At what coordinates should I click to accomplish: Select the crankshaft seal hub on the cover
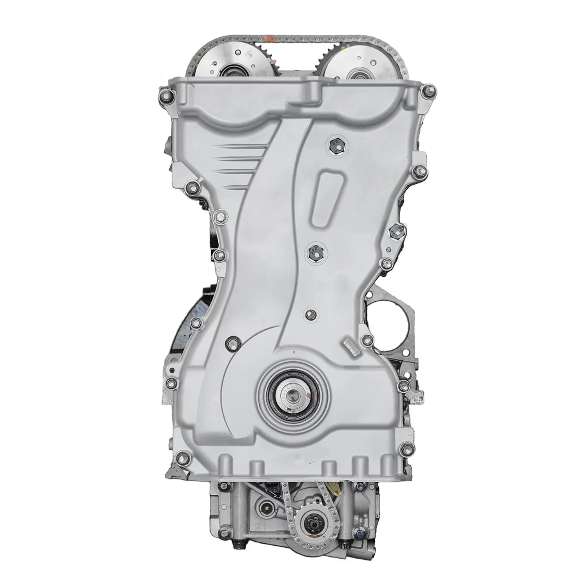click(x=294, y=392)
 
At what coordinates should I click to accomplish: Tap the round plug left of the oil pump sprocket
click(x=267, y=511)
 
